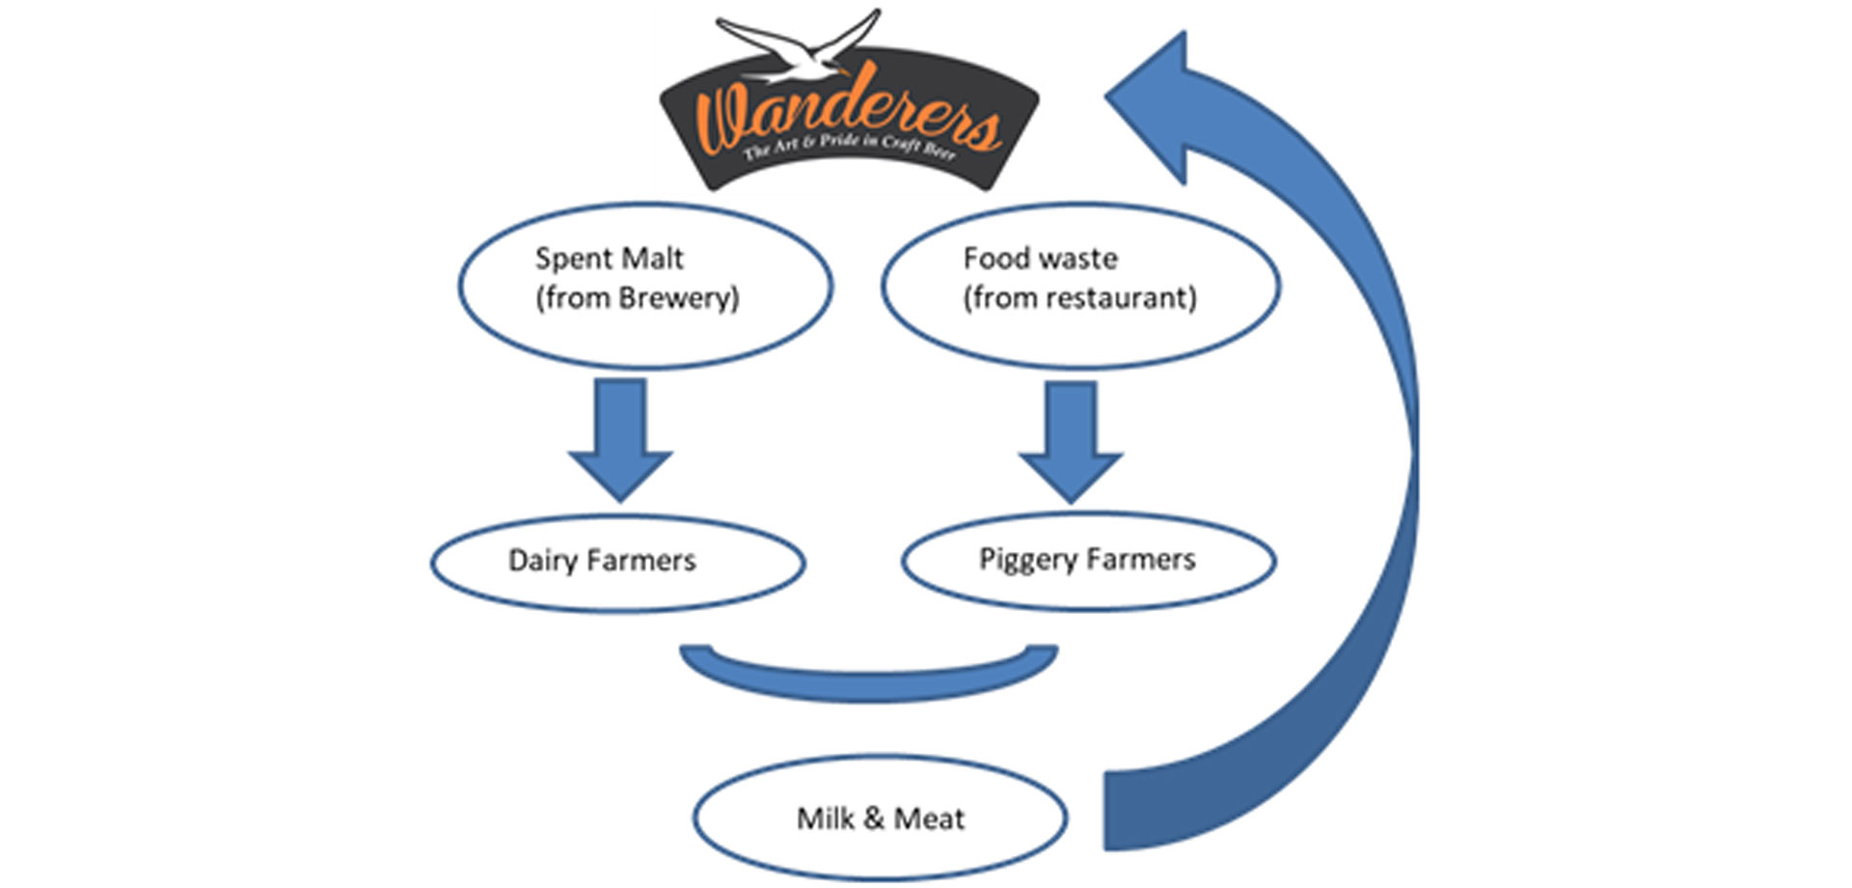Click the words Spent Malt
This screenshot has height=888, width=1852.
click(x=609, y=259)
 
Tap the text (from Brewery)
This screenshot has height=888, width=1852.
click(x=637, y=298)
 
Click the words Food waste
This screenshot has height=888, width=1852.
click(x=1040, y=259)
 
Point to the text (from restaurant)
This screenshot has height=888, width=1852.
click(x=1079, y=298)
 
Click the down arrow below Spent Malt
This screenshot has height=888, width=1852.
click(x=619, y=439)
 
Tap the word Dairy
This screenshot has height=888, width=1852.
click(x=542, y=561)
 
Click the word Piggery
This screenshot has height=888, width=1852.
click(x=1027, y=561)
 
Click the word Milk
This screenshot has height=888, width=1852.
click(x=825, y=819)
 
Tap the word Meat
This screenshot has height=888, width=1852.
click(x=929, y=819)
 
